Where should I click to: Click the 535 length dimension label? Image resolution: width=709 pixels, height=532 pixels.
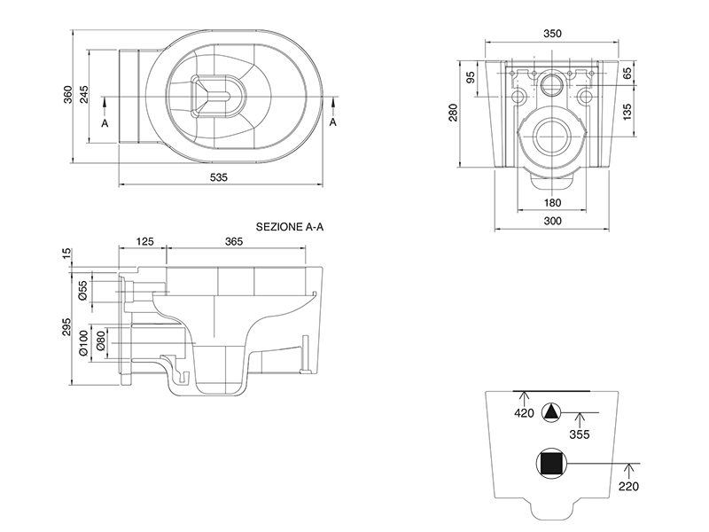[219, 177]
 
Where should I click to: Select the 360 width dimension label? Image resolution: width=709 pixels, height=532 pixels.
[67, 97]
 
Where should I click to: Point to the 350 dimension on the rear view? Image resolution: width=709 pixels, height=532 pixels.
[552, 34]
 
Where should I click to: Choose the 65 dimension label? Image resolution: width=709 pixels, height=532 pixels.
[627, 73]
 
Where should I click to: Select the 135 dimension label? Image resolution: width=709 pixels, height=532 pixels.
[627, 113]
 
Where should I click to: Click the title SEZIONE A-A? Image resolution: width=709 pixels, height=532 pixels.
[291, 227]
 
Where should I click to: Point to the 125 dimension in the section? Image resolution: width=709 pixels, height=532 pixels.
[146, 241]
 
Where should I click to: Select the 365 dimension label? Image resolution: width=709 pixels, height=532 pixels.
[234, 241]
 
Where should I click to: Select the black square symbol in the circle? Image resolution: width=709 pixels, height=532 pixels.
[551, 463]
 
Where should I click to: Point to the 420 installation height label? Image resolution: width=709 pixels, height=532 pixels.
[525, 412]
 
